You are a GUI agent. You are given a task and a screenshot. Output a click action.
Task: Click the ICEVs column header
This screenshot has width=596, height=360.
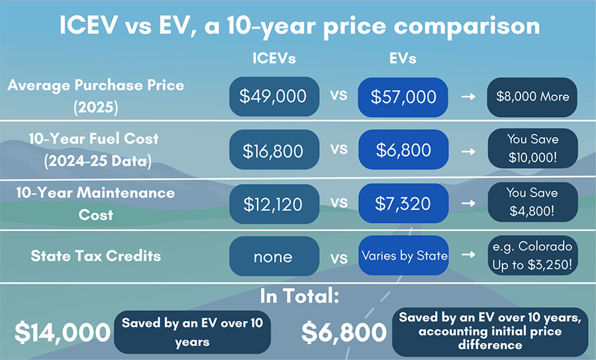(x=274, y=58)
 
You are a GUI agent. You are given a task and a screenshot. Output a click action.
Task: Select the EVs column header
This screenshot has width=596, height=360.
(x=403, y=58)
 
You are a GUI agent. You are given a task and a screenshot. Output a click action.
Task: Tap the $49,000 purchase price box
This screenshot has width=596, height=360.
(x=274, y=97)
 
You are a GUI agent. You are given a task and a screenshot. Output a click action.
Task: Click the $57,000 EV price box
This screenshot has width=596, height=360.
(x=403, y=97)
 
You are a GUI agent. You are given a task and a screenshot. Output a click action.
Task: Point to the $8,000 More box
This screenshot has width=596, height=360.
(x=532, y=97)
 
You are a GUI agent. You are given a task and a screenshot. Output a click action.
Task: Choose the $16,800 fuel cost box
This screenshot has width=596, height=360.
(x=274, y=150)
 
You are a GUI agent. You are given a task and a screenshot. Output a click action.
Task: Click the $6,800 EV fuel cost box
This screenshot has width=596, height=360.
(x=403, y=150)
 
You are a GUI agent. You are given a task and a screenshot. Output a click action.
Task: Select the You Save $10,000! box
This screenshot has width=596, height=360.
(x=533, y=148)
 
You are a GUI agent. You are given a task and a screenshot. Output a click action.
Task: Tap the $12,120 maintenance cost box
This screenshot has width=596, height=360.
(x=274, y=204)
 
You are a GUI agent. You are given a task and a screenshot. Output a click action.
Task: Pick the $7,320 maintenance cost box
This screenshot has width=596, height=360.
(x=403, y=203)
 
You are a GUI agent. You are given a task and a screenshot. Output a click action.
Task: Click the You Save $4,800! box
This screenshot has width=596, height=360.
(x=533, y=202)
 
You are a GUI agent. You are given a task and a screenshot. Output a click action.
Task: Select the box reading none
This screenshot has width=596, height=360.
(x=274, y=256)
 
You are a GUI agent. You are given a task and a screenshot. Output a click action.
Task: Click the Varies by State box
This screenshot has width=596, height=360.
(x=403, y=255)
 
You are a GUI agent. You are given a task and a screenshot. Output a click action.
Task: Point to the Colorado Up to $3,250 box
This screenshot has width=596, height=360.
(x=533, y=255)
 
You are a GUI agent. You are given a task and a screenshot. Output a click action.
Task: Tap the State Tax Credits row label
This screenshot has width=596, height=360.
(x=96, y=256)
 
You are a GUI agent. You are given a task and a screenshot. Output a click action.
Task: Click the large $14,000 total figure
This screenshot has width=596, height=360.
(x=62, y=332)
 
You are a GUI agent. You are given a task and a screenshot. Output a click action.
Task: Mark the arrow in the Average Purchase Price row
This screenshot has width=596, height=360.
(x=468, y=97)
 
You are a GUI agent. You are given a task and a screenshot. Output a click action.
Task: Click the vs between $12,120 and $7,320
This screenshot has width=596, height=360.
(x=338, y=202)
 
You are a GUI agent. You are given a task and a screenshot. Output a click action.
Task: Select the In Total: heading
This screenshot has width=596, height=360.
(x=299, y=296)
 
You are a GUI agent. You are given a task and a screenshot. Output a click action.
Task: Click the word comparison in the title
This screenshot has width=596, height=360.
(x=467, y=26)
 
